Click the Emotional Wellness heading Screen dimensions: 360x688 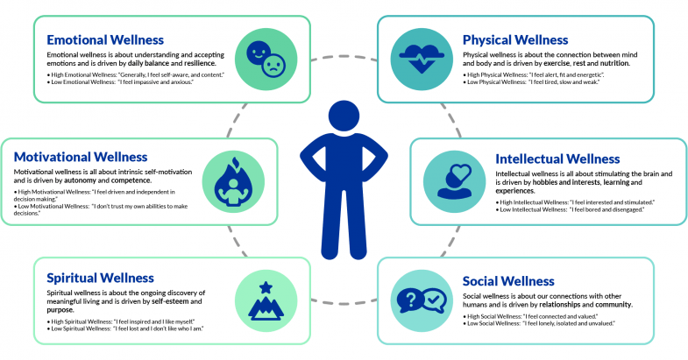tap(105, 39)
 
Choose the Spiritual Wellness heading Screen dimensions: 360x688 tap(100, 278)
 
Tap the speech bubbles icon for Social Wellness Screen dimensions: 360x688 tap(422, 300)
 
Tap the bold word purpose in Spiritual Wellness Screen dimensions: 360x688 tap(62, 309)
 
